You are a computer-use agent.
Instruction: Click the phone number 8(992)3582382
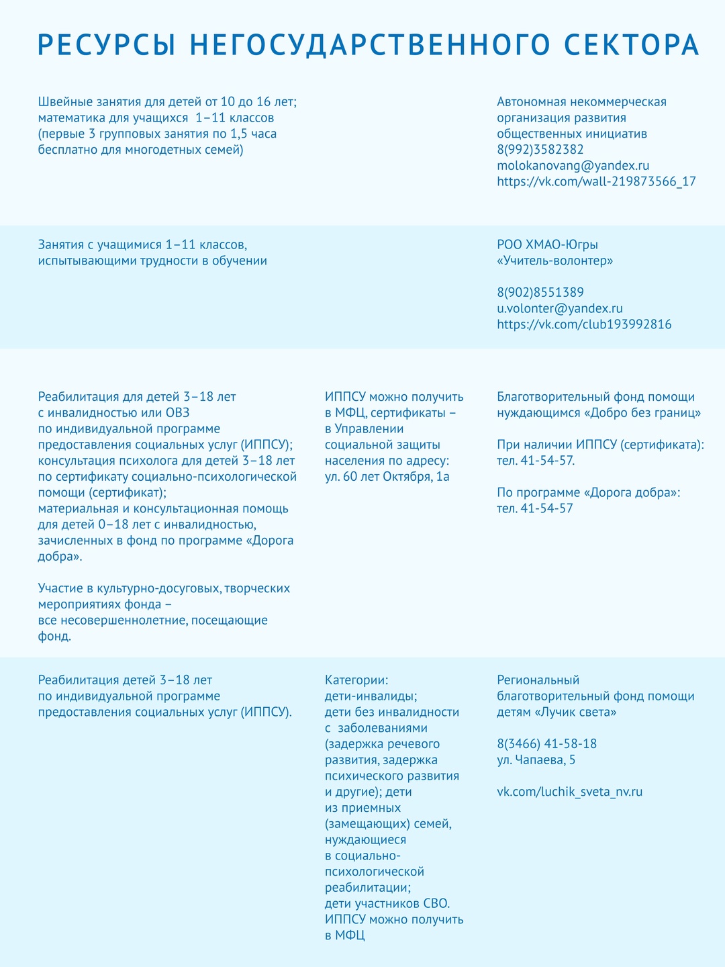point(540,149)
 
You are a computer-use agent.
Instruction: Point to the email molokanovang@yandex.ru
point(573,165)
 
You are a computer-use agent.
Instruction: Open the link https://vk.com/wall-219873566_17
point(596,181)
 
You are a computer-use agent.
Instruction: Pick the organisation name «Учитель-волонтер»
point(554,260)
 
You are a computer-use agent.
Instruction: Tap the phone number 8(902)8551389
point(540,292)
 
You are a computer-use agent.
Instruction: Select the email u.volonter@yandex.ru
point(559,308)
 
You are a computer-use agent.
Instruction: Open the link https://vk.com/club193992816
point(584,324)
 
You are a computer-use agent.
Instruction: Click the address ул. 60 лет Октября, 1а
point(387,477)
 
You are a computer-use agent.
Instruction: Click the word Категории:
point(356,680)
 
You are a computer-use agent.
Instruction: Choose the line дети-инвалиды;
point(371,696)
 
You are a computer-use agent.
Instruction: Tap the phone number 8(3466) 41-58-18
point(546,744)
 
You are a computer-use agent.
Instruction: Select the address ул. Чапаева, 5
point(536,760)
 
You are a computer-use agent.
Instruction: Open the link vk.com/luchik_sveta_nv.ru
point(569,792)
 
